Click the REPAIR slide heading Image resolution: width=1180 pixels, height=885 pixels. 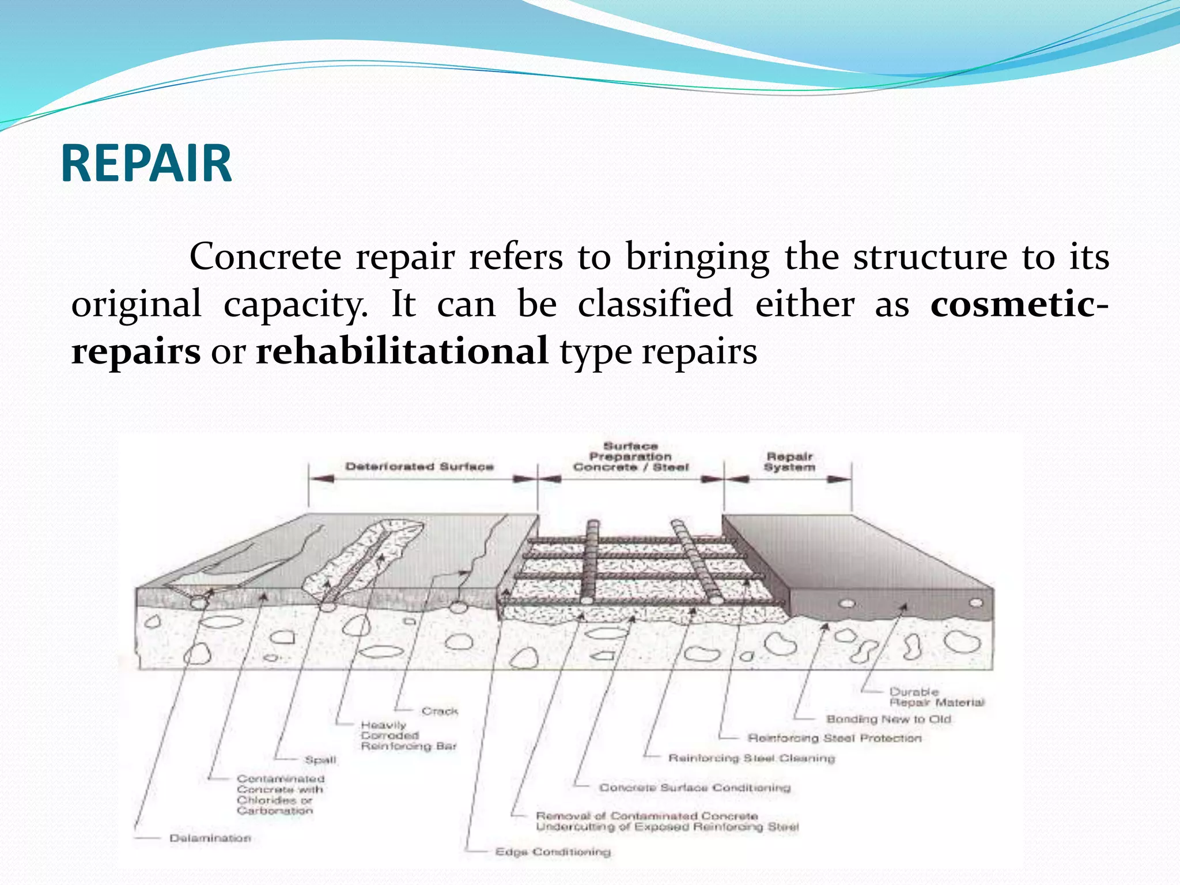[x=146, y=164]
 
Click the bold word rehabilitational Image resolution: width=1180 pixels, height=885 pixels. [x=402, y=351]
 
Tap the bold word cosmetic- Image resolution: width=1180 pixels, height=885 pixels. [x=1019, y=304]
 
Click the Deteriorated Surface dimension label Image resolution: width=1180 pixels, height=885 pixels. [x=419, y=466]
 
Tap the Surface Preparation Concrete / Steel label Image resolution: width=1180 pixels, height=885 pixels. [x=630, y=456]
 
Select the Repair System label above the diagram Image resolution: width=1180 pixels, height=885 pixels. [x=789, y=462]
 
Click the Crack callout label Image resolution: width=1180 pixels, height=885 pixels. [x=440, y=711]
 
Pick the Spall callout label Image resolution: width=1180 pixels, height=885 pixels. [x=320, y=760]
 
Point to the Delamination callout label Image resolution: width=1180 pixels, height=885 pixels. [x=210, y=838]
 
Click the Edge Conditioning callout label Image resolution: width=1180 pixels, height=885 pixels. [x=553, y=852]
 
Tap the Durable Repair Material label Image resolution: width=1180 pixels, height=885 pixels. [x=936, y=697]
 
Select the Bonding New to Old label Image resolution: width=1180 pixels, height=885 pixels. [x=888, y=719]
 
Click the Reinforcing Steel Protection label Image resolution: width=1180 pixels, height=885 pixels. [x=834, y=738]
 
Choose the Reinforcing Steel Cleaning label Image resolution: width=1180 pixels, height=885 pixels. [x=751, y=758]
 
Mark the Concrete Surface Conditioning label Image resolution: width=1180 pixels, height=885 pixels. [x=695, y=788]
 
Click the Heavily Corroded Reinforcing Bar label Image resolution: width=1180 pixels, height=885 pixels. [x=408, y=736]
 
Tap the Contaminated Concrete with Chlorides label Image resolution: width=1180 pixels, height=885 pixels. [x=281, y=795]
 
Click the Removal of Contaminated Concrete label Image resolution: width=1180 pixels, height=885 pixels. [x=666, y=822]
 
